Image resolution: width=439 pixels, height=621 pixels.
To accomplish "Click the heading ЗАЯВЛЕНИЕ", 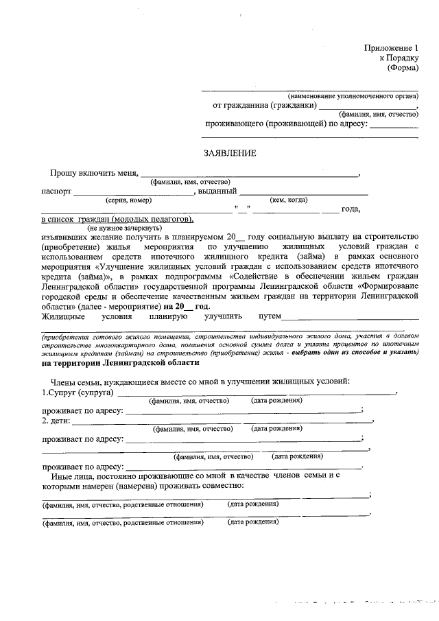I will click(x=229, y=153).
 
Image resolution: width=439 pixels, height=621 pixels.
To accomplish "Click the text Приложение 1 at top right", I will click(x=390, y=48).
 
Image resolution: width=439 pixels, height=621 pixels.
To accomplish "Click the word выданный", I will click(x=217, y=191).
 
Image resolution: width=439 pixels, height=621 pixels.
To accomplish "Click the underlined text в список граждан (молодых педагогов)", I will click(x=117, y=219).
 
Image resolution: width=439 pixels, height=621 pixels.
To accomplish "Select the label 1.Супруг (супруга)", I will click(x=78, y=392).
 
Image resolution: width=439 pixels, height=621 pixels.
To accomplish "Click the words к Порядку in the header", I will click(x=399, y=58).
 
